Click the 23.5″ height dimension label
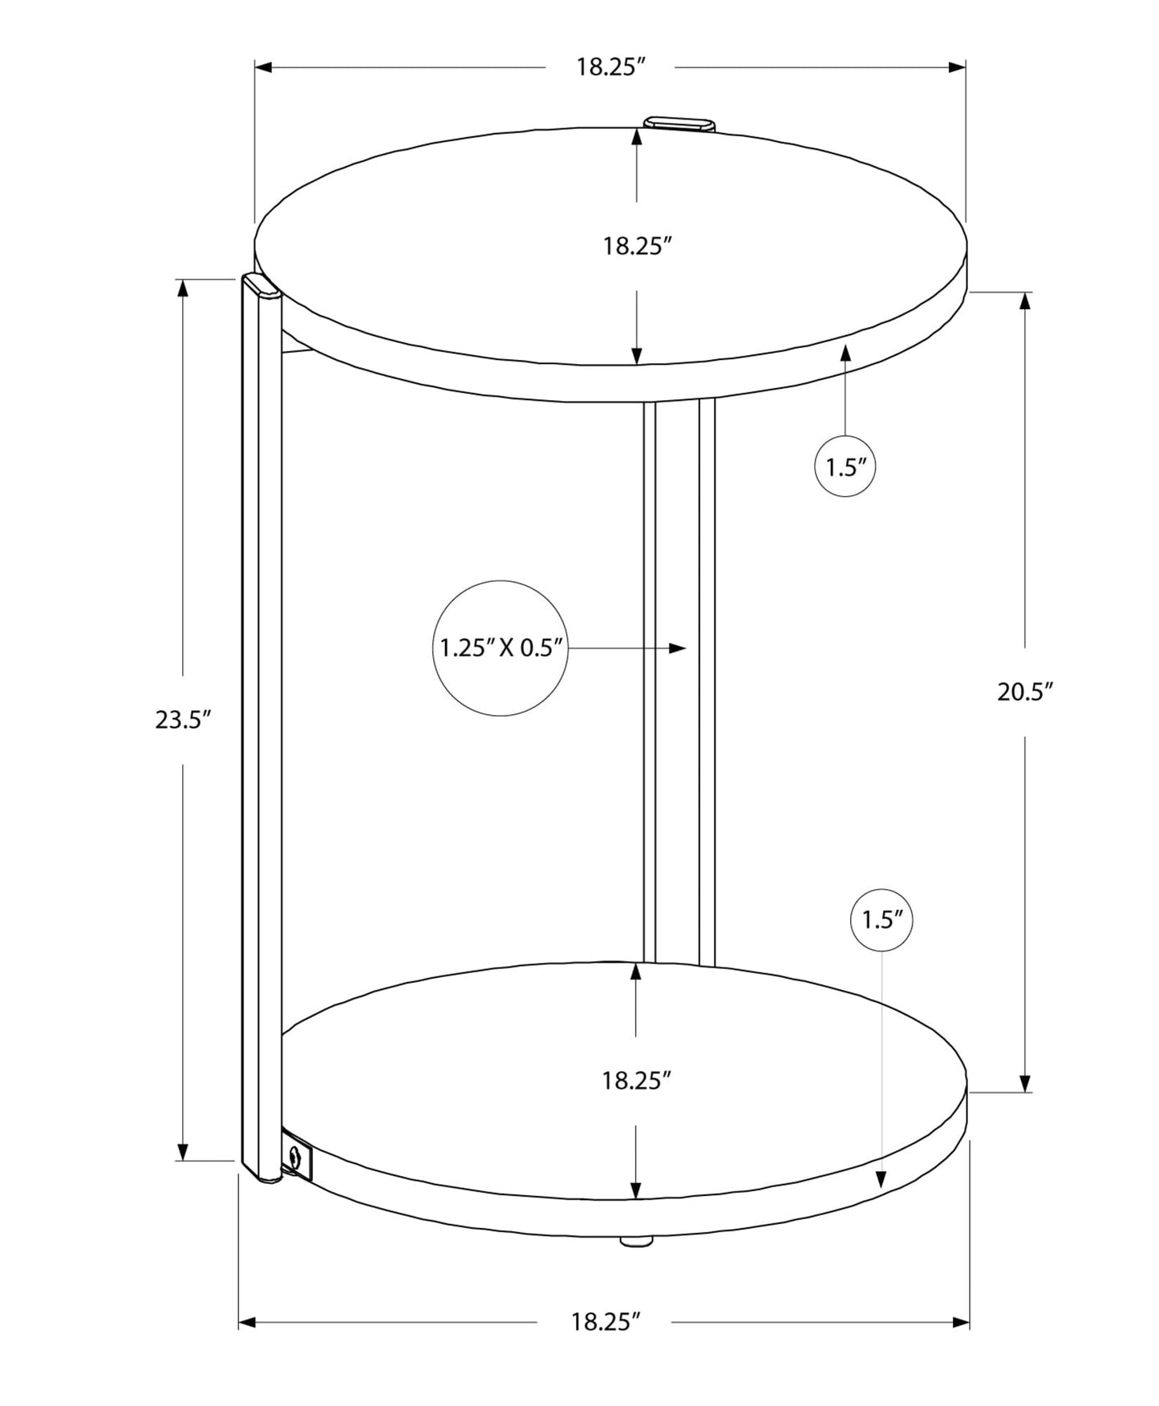(x=182, y=720)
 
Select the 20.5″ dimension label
(x=1024, y=692)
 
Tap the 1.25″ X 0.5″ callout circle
(x=500, y=648)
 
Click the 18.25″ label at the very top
(x=610, y=67)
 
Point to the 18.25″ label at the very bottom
(x=606, y=1322)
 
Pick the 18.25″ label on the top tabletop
(x=636, y=246)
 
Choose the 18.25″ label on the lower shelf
(x=636, y=1081)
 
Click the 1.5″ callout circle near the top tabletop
(x=845, y=467)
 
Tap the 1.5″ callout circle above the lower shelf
(x=881, y=920)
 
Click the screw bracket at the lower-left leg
(x=297, y=1157)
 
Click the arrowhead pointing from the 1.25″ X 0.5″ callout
(x=678, y=648)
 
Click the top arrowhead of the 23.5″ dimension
(x=183, y=289)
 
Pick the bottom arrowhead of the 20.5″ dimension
(x=1024, y=1082)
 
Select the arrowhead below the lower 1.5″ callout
(x=881, y=1178)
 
